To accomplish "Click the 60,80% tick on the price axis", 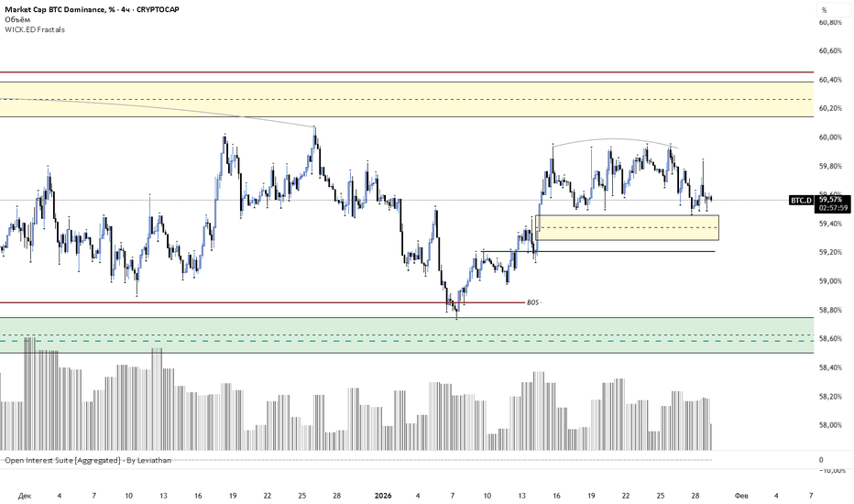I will [831, 22].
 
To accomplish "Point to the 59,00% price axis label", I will [831, 280].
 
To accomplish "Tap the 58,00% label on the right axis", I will [831, 425].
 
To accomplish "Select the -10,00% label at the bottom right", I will [832, 470].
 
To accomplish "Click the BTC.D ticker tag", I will [800, 200].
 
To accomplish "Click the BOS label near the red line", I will [532, 301].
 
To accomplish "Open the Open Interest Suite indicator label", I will [88, 460].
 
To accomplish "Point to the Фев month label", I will [741, 495].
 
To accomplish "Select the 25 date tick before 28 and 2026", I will [302, 495].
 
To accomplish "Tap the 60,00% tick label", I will [831, 137].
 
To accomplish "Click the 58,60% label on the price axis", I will [831, 339].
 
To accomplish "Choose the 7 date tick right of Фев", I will [811, 495].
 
